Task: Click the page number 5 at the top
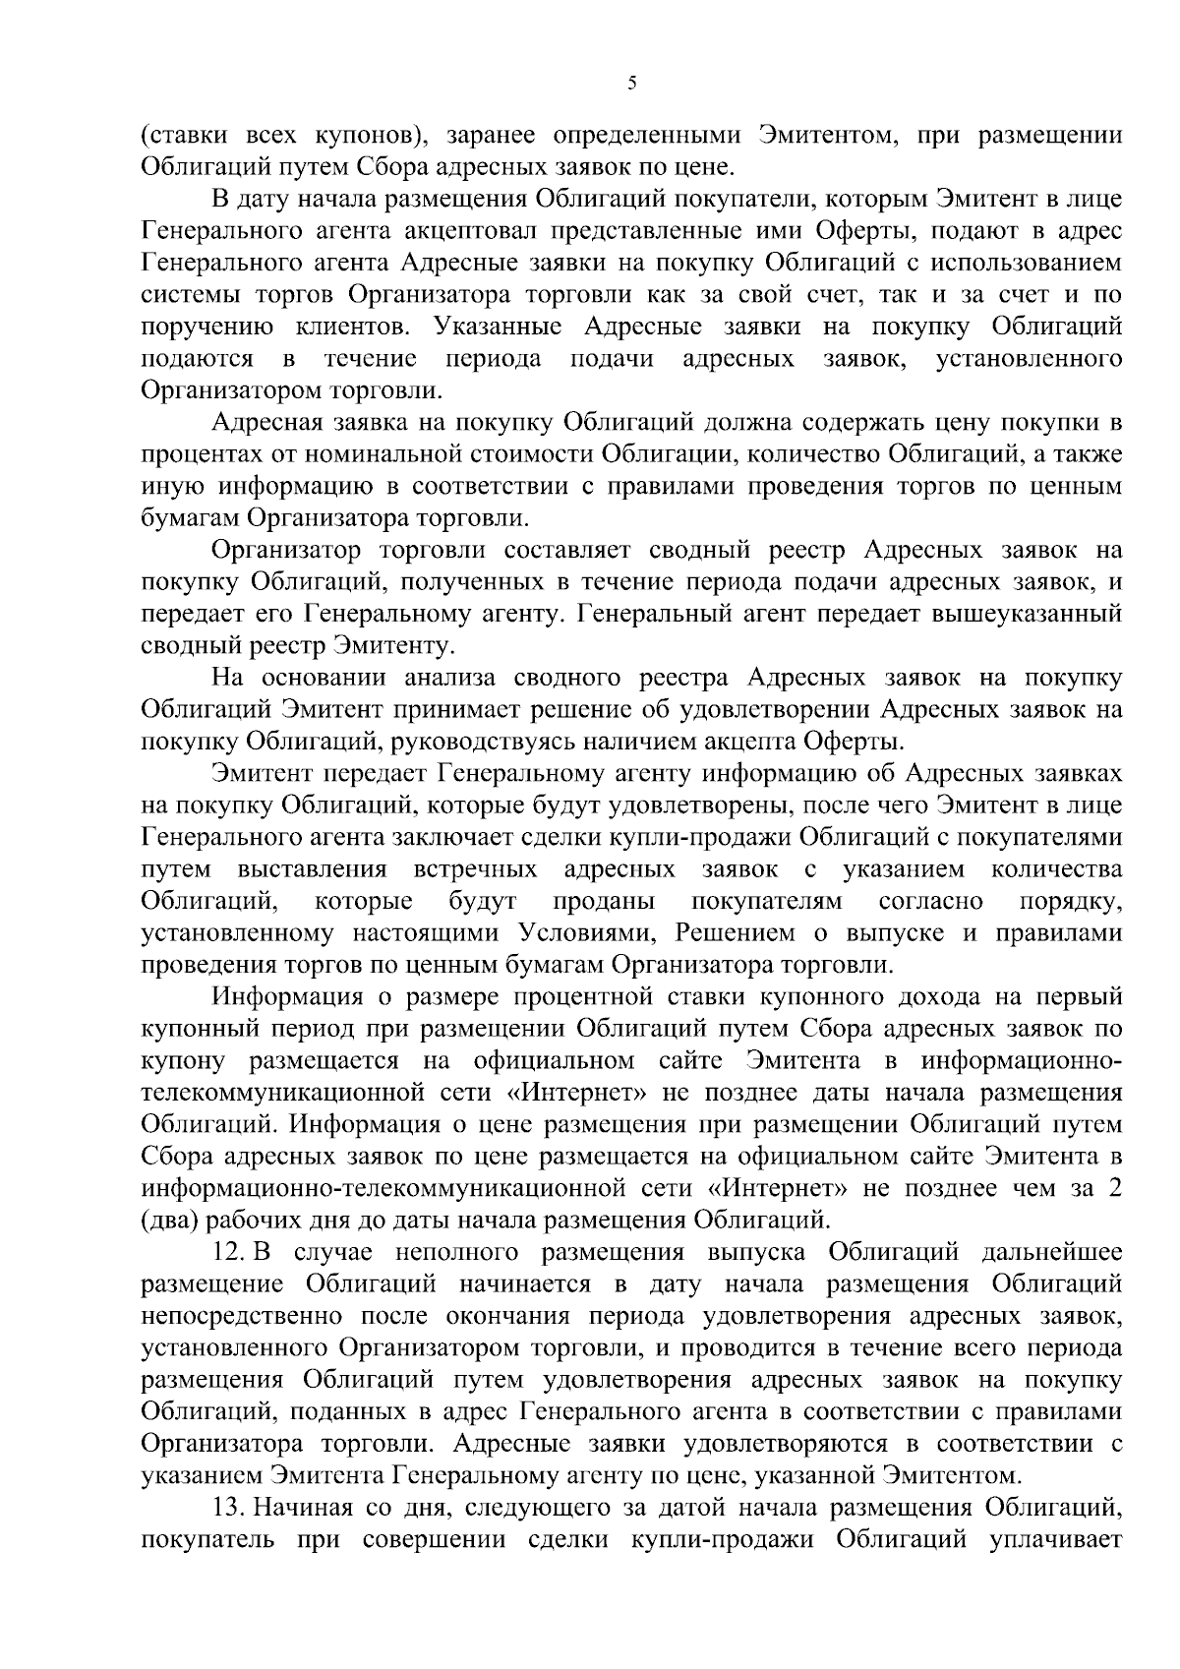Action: (632, 84)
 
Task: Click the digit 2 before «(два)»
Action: (1114, 1190)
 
